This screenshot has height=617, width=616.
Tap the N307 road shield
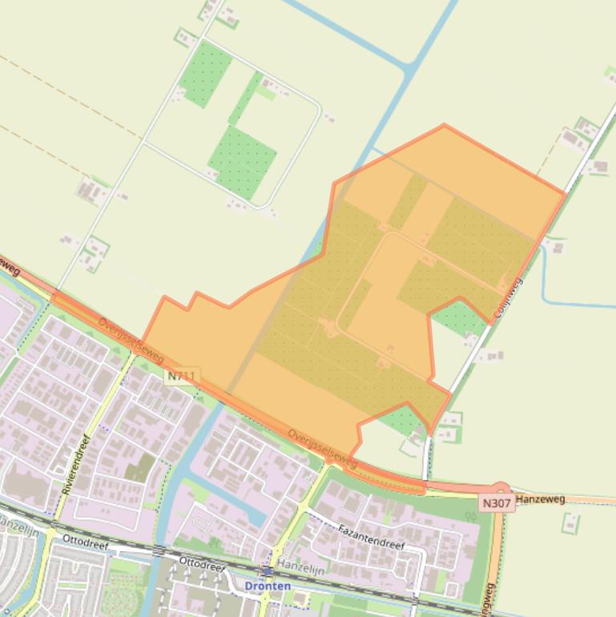pos(497,503)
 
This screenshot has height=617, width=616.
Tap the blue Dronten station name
pos(268,587)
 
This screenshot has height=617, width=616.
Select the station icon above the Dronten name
pos(266,571)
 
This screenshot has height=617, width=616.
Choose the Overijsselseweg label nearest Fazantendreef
pos(322,447)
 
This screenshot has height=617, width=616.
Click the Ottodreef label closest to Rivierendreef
pos(84,539)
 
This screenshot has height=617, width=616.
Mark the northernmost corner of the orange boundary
pos(444,125)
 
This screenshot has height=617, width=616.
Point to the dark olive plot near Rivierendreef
pos(140,468)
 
